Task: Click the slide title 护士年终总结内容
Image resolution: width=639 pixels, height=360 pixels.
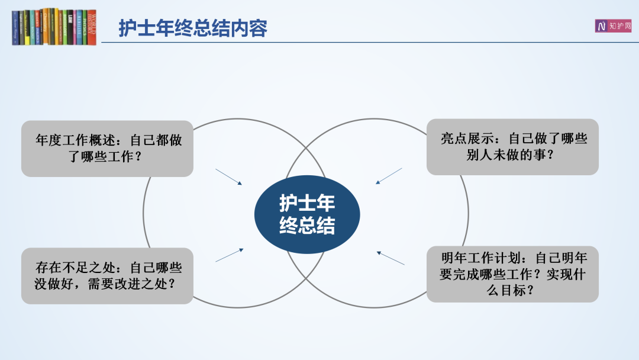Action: tap(193, 28)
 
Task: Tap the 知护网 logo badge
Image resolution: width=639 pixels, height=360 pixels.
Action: tap(613, 25)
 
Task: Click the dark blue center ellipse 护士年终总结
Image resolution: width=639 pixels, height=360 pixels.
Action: tap(307, 214)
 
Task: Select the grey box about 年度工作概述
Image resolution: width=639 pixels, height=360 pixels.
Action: tap(107, 149)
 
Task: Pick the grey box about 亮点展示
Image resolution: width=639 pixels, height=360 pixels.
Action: tap(512, 147)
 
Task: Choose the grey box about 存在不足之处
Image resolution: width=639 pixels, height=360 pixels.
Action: tap(107, 275)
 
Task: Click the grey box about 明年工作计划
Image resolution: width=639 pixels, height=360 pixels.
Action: tap(512, 274)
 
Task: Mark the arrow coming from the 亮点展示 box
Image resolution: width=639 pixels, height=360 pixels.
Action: tap(389, 176)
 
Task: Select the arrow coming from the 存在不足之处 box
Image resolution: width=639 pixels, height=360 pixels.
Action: tap(230, 255)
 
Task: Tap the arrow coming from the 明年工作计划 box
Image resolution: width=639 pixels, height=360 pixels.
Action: tap(390, 258)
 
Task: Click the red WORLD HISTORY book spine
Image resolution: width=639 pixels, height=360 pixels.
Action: tap(92, 27)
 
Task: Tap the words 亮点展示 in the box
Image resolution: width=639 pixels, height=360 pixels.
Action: tap(467, 139)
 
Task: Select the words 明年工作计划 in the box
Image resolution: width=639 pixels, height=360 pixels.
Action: tap(481, 258)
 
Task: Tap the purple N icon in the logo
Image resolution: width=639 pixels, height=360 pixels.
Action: tap(601, 26)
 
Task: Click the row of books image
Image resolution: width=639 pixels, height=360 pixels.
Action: tap(54, 27)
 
